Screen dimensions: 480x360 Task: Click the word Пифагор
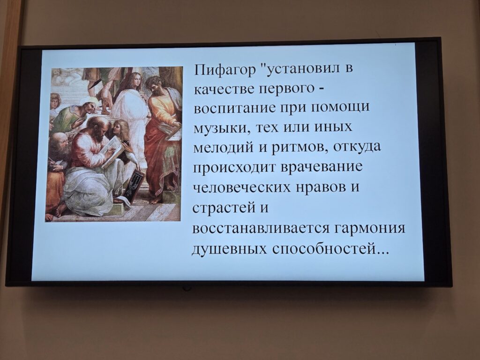(225, 70)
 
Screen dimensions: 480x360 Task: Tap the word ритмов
(300, 148)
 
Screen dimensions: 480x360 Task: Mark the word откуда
(358, 147)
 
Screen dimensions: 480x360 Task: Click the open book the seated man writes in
(112, 151)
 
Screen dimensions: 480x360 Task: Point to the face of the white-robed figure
(136, 80)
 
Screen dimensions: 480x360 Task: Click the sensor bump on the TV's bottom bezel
(186, 288)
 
